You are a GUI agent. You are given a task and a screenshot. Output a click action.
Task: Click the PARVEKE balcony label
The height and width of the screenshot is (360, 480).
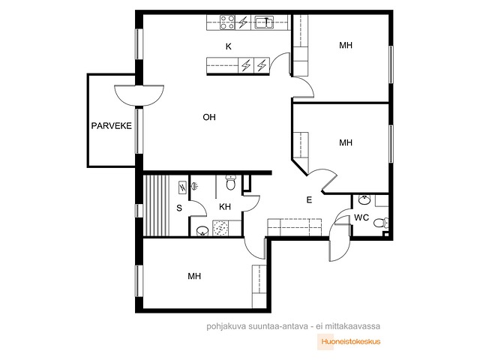(x=112, y=126)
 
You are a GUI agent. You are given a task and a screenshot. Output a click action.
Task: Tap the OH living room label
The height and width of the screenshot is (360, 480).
(x=209, y=117)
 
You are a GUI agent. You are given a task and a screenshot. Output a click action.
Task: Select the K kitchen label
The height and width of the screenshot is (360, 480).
(x=228, y=46)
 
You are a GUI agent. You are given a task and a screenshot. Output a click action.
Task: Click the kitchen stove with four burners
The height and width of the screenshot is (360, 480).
(x=228, y=22)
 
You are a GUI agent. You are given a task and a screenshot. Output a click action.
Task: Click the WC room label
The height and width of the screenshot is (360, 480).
(x=361, y=217)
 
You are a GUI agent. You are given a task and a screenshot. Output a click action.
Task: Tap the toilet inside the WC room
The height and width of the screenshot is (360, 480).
(x=381, y=223)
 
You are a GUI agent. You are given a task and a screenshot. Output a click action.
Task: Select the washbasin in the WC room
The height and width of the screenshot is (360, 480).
(x=364, y=200)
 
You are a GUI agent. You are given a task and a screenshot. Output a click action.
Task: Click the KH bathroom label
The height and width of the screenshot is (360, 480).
(x=225, y=207)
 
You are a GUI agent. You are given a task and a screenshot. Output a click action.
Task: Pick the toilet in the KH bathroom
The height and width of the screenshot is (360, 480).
(x=230, y=183)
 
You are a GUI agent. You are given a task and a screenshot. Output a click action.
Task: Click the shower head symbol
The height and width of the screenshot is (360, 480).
(x=195, y=185)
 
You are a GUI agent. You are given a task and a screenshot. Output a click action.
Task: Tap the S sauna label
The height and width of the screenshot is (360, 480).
(x=179, y=208)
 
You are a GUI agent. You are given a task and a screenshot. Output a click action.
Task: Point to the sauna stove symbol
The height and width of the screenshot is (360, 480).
(x=182, y=187)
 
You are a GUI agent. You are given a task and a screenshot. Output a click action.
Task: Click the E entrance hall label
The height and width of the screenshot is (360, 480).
(x=309, y=200)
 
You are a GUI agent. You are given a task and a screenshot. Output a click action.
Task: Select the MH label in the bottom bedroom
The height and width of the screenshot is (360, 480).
(x=194, y=276)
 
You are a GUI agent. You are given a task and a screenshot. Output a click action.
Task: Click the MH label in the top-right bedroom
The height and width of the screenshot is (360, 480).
(x=346, y=45)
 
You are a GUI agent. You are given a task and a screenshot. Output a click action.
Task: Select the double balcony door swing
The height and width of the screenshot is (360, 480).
(x=139, y=95)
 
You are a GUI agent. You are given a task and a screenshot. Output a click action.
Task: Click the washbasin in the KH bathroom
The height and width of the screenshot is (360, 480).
(x=202, y=231)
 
